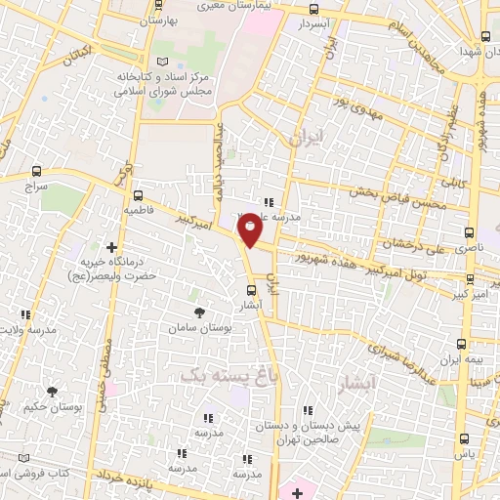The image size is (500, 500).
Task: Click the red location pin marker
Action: [251, 229]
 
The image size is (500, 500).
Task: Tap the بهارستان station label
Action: [163, 20]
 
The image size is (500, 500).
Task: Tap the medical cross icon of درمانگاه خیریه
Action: [111, 247]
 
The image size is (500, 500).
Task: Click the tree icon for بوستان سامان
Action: [200, 312]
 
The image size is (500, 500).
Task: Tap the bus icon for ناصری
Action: [470, 233]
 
